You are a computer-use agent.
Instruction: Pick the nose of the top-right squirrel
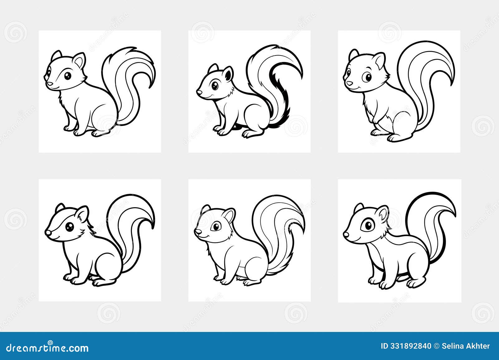(x=350, y=83)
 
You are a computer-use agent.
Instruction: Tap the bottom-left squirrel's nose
(x=47, y=233)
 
